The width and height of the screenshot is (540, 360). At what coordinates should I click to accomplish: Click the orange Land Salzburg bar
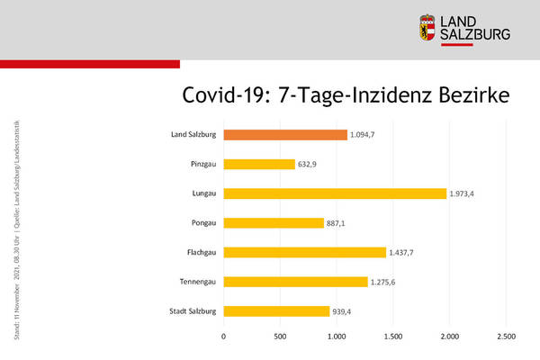(x=285, y=135)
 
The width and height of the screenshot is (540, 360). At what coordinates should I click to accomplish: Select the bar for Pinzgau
(x=259, y=165)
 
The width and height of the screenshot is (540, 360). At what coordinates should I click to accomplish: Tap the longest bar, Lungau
(x=335, y=193)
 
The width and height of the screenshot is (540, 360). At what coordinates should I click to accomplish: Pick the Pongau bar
(x=274, y=223)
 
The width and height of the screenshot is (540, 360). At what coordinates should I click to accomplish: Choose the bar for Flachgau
(x=304, y=253)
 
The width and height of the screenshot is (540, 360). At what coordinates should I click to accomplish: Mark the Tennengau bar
(x=295, y=282)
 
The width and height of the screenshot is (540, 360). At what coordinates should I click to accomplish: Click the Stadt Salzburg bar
(x=276, y=311)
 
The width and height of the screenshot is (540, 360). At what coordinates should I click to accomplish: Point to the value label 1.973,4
(x=465, y=193)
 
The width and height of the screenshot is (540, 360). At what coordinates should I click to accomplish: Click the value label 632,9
(x=310, y=165)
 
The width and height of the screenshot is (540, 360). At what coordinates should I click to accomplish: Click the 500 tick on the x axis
(x=280, y=337)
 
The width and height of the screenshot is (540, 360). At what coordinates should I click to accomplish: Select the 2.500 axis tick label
(x=506, y=337)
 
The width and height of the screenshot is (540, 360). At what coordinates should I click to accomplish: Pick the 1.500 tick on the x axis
(x=393, y=337)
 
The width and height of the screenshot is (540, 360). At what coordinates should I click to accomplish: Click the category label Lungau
(x=202, y=193)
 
